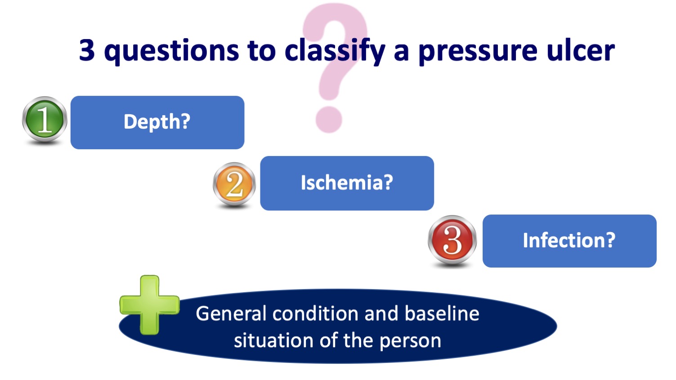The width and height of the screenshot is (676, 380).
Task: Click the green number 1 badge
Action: coord(45,120)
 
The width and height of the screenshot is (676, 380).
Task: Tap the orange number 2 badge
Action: coord(234,184)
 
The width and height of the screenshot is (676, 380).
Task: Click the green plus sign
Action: coord(149,305)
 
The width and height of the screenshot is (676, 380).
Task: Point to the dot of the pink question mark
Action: coord(329,119)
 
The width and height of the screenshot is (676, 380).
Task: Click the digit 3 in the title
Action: coord(87,50)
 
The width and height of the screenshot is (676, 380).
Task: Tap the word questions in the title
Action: coord(171,51)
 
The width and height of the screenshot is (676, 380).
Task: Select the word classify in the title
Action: coord(335,51)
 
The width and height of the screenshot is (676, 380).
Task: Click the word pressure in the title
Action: coord(477,51)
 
